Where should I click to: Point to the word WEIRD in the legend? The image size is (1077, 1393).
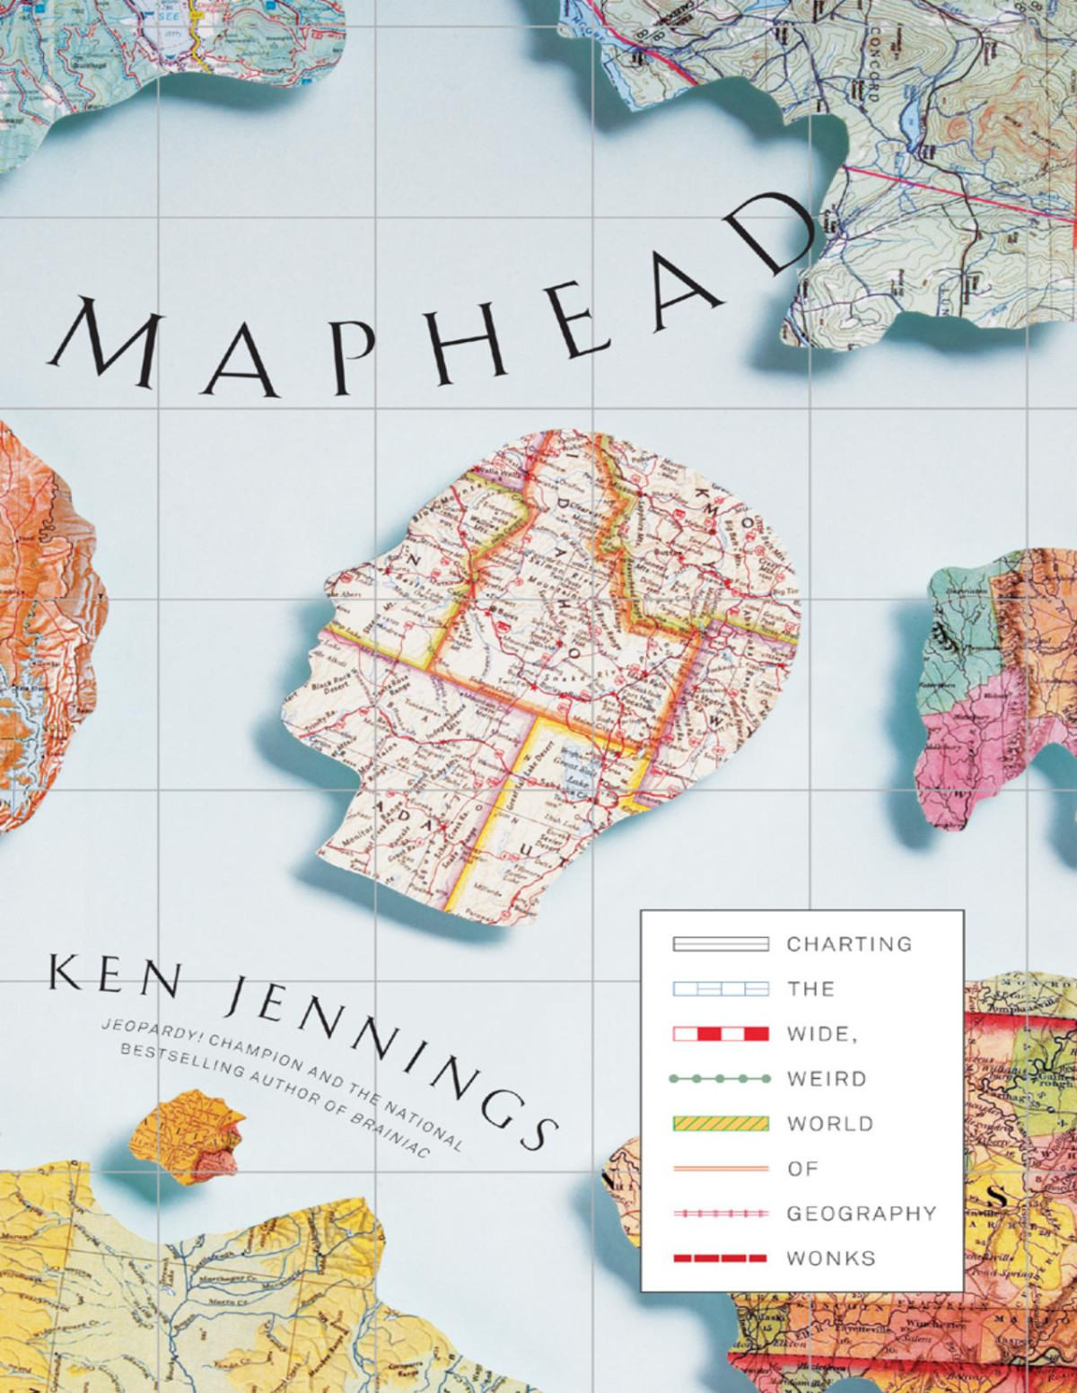click(x=827, y=1079)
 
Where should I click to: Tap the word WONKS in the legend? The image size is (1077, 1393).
click(x=819, y=1258)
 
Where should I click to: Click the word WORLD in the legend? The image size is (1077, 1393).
click(x=830, y=1124)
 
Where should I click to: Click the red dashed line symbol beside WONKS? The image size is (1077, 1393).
click(x=720, y=1258)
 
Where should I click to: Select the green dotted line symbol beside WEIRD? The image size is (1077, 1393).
click(x=720, y=1079)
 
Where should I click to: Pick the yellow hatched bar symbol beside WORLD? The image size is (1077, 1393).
click(x=720, y=1124)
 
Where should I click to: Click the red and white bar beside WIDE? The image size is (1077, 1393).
click(x=720, y=1034)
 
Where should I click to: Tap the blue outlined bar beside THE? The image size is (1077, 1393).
click(x=720, y=989)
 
